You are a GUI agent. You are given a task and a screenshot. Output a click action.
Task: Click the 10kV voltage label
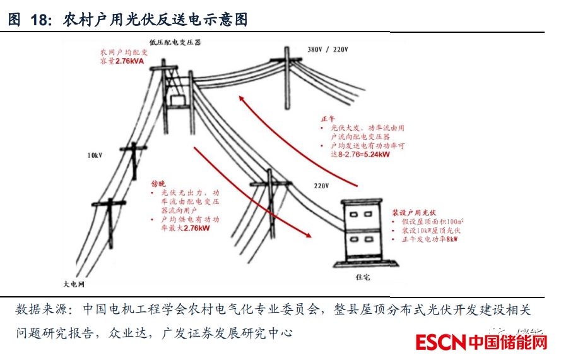coord(95,155)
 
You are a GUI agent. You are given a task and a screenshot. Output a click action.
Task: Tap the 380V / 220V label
coord(328,49)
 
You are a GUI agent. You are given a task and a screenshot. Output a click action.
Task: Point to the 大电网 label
coord(74,284)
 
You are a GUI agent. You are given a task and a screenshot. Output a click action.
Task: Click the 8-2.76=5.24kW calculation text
coord(364,153)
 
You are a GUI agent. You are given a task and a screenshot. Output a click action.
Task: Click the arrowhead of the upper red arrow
coord(240,97)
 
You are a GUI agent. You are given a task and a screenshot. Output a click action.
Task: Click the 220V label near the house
coord(322,186)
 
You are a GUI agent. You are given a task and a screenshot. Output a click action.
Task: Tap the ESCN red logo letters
coord(440,342)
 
